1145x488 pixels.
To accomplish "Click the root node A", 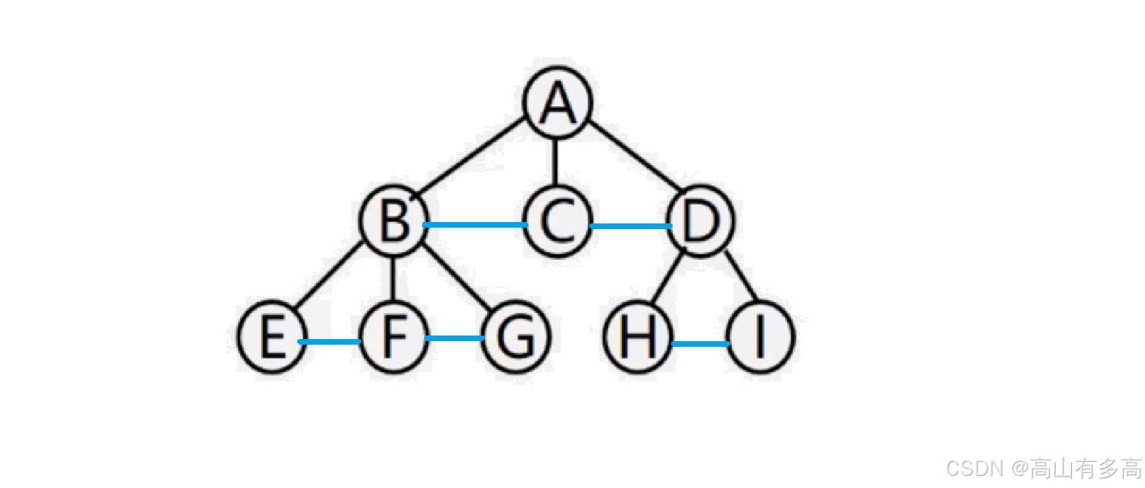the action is [558, 103].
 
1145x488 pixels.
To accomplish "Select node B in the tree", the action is [394, 221].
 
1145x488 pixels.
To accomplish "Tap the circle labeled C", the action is [558, 222].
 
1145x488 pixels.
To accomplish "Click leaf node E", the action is [272, 338].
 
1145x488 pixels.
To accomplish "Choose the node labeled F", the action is [394, 336].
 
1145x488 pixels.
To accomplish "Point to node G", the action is [516, 336].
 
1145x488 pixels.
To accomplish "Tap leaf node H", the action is [638, 336].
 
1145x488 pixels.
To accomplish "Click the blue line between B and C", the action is [475, 225].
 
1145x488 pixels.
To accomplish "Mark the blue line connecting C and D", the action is [631, 226].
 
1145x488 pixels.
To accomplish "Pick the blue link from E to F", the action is [330, 342].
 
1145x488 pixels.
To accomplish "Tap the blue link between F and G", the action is [454, 338].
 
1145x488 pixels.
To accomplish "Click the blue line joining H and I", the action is [700, 344].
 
